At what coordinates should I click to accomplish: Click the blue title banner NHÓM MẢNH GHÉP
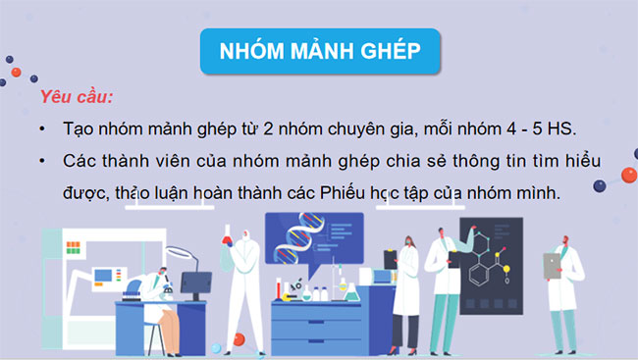(318, 51)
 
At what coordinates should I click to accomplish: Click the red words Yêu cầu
(77, 99)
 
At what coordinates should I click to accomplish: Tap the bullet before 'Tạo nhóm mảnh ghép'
(42, 129)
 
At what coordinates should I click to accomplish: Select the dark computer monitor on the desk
(194, 286)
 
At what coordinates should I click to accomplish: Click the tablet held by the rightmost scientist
(553, 264)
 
